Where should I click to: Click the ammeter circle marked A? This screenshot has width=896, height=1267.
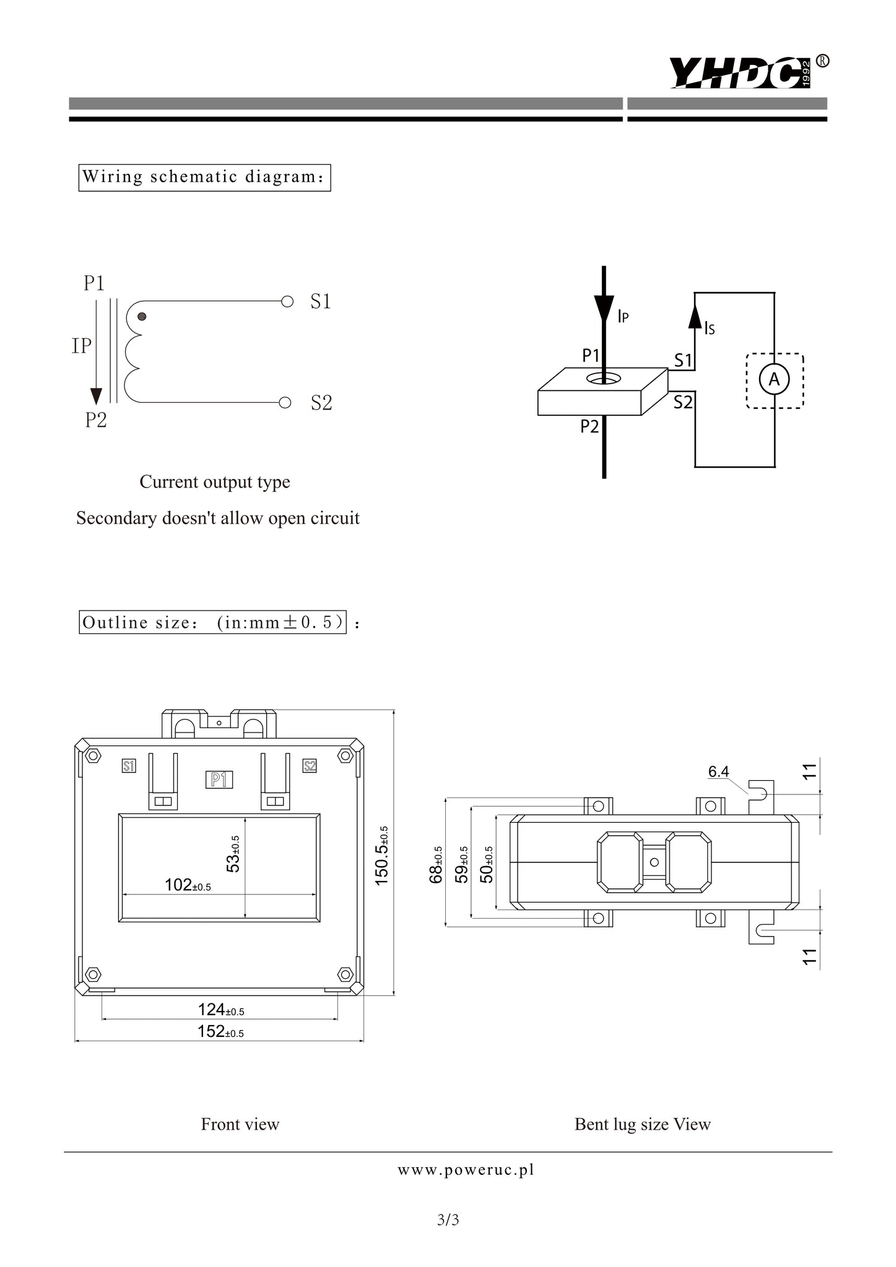774,380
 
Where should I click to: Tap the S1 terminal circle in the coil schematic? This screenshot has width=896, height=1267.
287,302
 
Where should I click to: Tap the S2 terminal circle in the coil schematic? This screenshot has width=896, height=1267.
285,403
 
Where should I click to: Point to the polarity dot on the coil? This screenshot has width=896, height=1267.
142,317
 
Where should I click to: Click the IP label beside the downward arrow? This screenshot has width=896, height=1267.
81,346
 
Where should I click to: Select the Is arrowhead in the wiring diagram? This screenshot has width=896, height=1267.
695,316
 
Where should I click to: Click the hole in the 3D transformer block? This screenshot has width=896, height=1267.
604,378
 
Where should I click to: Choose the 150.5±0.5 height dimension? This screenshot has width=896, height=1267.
382,856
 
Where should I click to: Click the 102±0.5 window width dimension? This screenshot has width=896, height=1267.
188,885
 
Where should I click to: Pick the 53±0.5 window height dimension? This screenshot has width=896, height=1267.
233,854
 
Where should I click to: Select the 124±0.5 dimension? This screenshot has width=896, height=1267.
220,1010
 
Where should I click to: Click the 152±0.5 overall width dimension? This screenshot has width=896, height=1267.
220,1031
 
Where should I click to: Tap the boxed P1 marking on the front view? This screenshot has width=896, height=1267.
219,780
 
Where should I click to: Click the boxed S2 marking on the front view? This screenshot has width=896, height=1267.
310,766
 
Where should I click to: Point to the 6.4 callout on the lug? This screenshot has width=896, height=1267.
718,771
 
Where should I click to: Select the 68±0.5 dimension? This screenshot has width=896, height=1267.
436,865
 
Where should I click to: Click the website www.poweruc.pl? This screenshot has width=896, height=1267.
466,1170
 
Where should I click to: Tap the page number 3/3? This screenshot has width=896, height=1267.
448,1220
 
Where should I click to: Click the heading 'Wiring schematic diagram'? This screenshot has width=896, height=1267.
204,178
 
